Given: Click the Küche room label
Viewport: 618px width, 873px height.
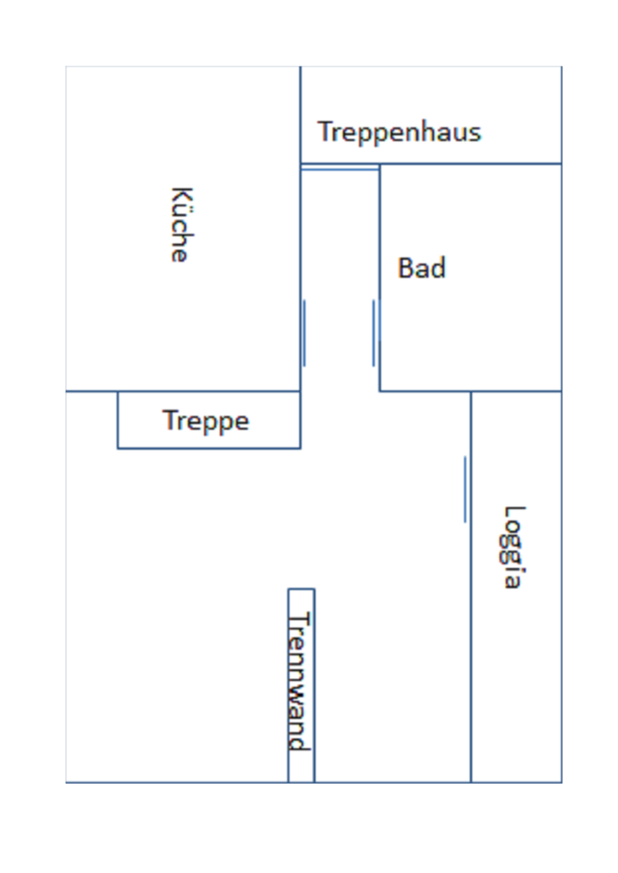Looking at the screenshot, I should (180, 225).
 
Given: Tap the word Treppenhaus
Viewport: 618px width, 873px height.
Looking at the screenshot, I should (399, 132).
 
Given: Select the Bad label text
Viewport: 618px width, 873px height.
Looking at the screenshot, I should (421, 268).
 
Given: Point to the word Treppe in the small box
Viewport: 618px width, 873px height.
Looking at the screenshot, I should (206, 421).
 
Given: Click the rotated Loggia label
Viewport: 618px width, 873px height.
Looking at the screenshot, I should (514, 547).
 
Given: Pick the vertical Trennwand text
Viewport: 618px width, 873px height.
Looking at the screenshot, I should (299, 681).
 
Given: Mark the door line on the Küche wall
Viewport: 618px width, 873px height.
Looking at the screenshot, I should (304, 333).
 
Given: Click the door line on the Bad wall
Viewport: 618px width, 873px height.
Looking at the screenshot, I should (373, 333).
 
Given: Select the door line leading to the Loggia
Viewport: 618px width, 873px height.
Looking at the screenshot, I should (465, 489).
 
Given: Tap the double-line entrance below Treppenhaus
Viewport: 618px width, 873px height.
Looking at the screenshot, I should (339, 168).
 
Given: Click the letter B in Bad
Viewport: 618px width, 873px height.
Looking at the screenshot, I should (406, 268).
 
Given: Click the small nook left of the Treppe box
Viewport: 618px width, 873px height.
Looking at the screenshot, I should (91, 420).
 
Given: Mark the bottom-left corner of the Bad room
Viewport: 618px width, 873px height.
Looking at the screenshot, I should (380, 391).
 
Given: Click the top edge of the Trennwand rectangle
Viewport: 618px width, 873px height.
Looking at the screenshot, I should (301, 589).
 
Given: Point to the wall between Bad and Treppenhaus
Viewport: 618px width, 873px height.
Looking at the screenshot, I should (470, 165).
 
